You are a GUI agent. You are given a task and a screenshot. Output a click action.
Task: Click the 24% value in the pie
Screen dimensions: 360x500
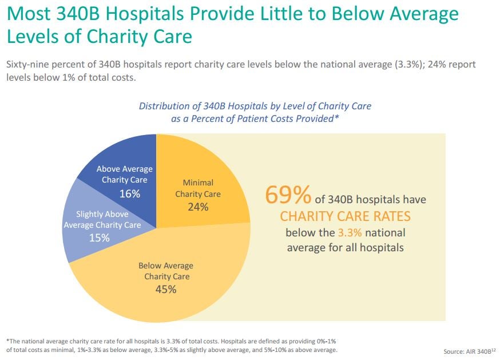[198, 207]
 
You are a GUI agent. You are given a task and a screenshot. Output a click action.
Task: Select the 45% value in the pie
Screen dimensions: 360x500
[166, 289]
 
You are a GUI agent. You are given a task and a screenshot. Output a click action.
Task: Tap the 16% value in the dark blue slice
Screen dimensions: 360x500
[130, 193]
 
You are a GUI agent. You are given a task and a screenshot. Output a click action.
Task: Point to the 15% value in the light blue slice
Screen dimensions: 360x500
[100, 237]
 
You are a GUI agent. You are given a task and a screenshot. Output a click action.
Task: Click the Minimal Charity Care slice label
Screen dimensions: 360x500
[198, 188]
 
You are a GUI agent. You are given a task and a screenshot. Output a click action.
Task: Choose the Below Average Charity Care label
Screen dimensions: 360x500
[166, 271]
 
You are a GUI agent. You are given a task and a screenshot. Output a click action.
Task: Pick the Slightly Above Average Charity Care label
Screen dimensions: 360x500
[102, 220]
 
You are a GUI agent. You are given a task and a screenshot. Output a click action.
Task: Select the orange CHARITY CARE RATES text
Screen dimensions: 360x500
[345, 217]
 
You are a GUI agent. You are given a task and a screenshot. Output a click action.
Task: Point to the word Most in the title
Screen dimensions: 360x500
[30, 13]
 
